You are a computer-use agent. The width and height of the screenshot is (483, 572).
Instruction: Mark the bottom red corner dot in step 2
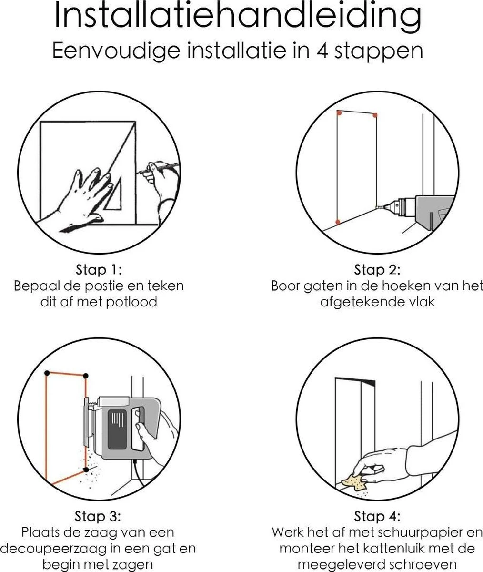[x=338, y=222]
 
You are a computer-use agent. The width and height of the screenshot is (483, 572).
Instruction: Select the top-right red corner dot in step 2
[x=374, y=115]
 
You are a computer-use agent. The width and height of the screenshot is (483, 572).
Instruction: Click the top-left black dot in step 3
[x=46, y=372]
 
